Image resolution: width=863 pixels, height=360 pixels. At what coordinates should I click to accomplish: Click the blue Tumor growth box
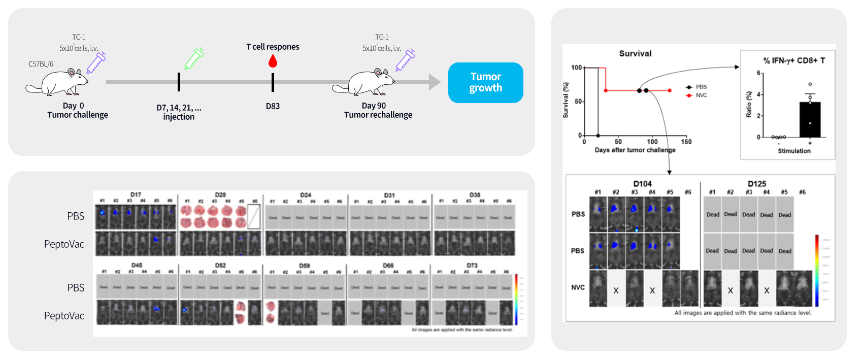485,82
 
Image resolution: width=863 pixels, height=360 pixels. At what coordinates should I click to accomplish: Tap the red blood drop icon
273,61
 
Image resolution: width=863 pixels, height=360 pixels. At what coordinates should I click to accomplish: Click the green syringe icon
194,58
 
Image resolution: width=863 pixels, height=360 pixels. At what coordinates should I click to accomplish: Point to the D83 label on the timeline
273,106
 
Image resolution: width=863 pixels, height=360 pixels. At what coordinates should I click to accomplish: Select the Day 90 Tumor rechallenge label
378,110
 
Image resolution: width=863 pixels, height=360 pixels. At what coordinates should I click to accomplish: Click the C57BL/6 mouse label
41,64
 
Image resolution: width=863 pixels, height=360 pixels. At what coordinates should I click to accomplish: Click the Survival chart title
635,53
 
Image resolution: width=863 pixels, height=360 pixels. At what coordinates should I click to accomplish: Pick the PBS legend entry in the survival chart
701,87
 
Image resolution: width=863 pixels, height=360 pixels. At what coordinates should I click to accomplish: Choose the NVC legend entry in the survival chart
701,95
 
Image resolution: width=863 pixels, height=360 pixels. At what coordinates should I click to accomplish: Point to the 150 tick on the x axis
686,142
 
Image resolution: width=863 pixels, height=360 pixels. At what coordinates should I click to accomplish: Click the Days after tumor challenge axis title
635,150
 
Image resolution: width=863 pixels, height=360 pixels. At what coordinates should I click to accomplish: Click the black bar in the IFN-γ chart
810,120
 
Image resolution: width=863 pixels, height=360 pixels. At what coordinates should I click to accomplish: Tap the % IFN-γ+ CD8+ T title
794,60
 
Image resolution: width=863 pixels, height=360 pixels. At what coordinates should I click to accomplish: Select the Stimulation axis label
794,151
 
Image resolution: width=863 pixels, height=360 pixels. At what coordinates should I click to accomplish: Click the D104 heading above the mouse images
642,184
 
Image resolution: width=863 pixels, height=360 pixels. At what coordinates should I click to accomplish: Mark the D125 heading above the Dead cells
756,184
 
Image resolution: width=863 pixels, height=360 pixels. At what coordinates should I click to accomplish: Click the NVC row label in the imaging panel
578,287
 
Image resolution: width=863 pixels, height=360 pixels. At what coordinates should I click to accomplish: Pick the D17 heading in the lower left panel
136,194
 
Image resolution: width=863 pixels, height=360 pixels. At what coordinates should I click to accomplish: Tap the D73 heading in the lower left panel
472,266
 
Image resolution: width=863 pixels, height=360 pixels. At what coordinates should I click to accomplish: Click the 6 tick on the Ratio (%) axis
758,73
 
